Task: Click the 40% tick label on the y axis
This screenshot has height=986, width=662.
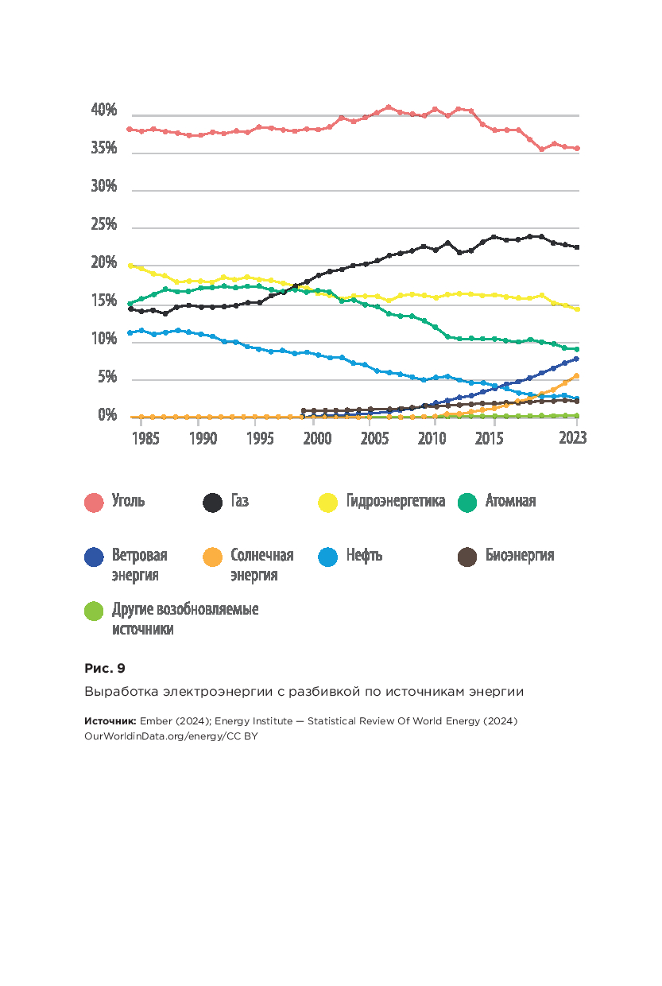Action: [x=105, y=111]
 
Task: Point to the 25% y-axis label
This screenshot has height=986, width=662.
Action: [x=105, y=225]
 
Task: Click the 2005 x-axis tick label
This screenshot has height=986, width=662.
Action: [x=373, y=439]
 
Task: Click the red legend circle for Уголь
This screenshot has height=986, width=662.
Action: [x=95, y=503]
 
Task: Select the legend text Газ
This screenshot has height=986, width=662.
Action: [x=239, y=502]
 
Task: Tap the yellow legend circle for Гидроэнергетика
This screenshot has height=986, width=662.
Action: [x=328, y=503]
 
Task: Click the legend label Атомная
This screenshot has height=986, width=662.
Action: [x=510, y=502]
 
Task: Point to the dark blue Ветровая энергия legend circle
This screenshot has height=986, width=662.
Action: [x=95, y=557]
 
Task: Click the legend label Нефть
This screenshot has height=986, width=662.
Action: [x=364, y=556]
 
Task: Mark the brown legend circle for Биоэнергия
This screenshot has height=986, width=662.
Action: [x=467, y=557]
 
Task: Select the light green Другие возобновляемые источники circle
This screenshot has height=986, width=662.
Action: [x=95, y=611]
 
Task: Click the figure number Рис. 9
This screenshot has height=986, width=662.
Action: [x=105, y=668]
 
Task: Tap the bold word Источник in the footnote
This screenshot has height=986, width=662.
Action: [x=110, y=721]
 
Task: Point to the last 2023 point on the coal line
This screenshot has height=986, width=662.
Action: [x=577, y=148]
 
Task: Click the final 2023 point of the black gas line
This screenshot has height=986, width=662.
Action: [x=577, y=247]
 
